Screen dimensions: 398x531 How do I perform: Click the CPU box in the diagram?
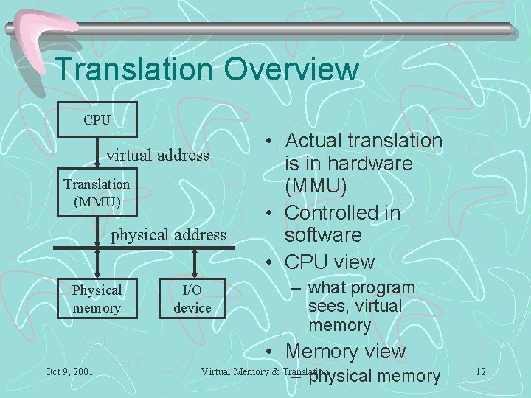tap(97, 119)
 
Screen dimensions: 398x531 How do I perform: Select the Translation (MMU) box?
tap(97, 192)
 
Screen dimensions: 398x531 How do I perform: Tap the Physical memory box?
tap(97, 298)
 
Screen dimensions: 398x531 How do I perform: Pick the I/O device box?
tap(192, 298)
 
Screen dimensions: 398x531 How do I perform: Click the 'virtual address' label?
tap(158, 156)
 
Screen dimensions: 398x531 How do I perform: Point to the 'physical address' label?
tap(168, 235)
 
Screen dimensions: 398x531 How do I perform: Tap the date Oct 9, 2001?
tap(69, 371)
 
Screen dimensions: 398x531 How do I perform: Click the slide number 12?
tap(481, 371)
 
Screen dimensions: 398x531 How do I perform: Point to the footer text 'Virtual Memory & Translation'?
tap(264, 371)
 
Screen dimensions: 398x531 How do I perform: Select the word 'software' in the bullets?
tap(324, 235)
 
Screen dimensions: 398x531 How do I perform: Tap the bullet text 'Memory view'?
tap(345, 352)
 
